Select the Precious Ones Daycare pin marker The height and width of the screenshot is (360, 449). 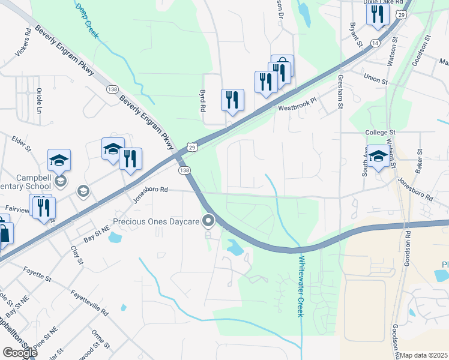click(x=208, y=221)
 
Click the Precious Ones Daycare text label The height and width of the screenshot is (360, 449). click(x=161, y=221)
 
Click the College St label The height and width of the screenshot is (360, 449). click(x=381, y=132)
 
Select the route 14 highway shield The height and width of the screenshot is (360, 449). click(x=375, y=43)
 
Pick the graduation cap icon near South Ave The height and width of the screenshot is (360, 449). click(x=378, y=156)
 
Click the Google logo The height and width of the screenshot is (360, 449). click(x=20, y=353)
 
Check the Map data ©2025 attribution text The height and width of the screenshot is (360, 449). click(x=424, y=355)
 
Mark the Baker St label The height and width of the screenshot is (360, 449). click(x=419, y=162)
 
